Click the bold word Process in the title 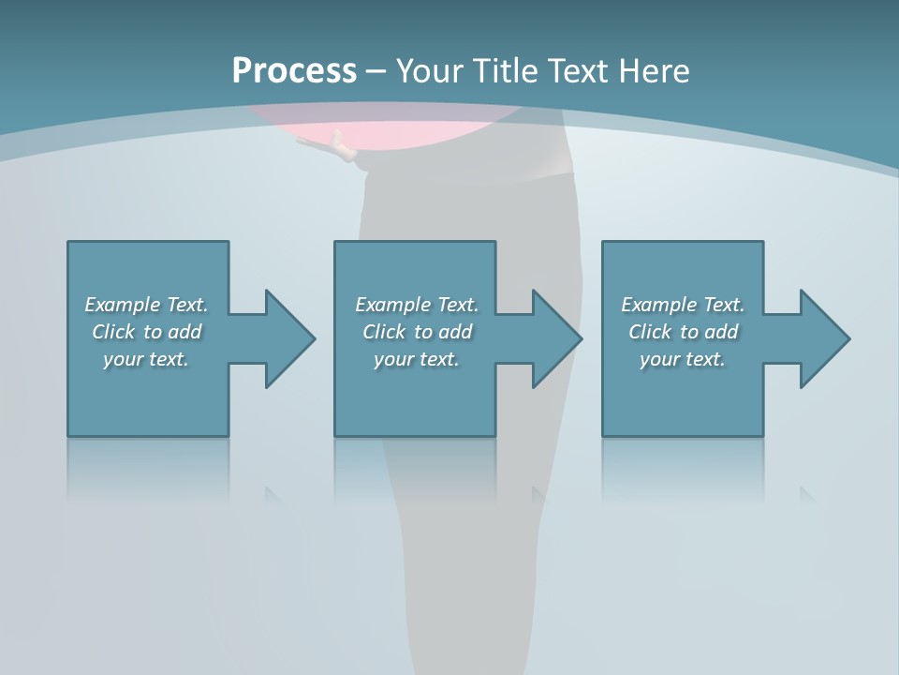coord(294,71)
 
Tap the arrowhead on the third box coord(823,338)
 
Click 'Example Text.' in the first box coord(146,305)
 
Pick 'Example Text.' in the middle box coord(417,305)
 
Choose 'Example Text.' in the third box coord(683,305)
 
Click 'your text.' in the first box coord(146,359)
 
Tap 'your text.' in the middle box coord(417,359)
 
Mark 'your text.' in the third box coord(683,359)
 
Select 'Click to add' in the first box coord(146,332)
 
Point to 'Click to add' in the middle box coord(417,332)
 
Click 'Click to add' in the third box coord(683,332)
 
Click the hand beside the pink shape coord(342,148)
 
